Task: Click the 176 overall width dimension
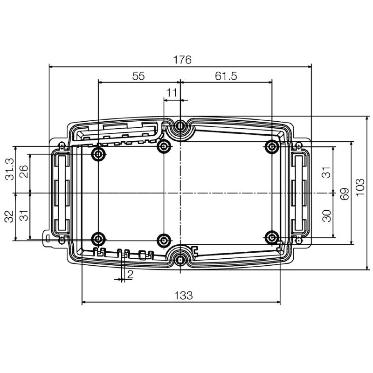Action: (x=182, y=60)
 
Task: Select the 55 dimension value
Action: (x=138, y=76)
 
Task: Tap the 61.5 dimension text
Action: (x=226, y=76)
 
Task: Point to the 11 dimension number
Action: (x=172, y=93)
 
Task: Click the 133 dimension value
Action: (x=183, y=295)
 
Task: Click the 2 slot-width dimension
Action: (x=130, y=275)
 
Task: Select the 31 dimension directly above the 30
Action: (x=327, y=172)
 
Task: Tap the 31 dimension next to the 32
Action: (x=23, y=215)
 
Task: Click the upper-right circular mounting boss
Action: (x=272, y=147)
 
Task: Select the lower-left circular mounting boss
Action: (x=98, y=239)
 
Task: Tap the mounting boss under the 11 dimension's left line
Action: (x=164, y=147)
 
